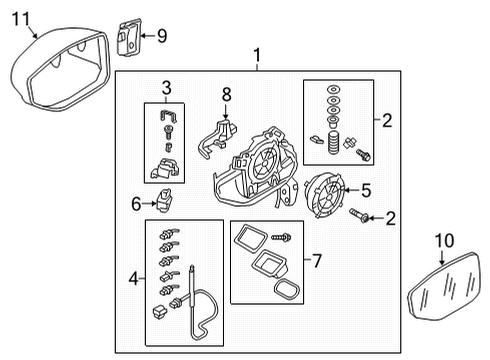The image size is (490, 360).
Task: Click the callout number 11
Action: click(x=21, y=19)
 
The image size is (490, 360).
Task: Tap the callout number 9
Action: click(x=162, y=36)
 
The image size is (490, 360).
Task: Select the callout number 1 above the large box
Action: click(x=257, y=55)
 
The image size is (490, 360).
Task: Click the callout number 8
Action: click(x=226, y=95)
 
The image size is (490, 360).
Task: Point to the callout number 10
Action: click(x=444, y=241)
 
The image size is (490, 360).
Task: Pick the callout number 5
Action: click(x=366, y=190)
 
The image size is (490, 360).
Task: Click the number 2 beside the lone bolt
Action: click(x=390, y=218)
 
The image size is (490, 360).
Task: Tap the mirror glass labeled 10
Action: click(x=445, y=287)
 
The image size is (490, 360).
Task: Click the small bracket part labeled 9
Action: click(x=129, y=37)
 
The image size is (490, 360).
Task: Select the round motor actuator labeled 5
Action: click(x=325, y=195)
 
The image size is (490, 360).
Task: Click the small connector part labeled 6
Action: click(x=164, y=200)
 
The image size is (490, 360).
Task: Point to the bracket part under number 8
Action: click(x=217, y=138)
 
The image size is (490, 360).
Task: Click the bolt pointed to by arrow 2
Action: click(x=359, y=215)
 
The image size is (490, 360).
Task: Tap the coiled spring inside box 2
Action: click(x=332, y=143)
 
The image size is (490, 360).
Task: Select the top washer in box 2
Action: click(x=334, y=90)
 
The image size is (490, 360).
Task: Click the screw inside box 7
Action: click(x=281, y=237)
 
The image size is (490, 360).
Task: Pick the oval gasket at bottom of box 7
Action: click(x=287, y=290)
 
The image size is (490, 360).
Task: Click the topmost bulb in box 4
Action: click(x=169, y=234)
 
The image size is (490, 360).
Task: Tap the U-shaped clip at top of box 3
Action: click(x=168, y=116)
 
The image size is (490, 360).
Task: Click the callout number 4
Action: click(x=134, y=278)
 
